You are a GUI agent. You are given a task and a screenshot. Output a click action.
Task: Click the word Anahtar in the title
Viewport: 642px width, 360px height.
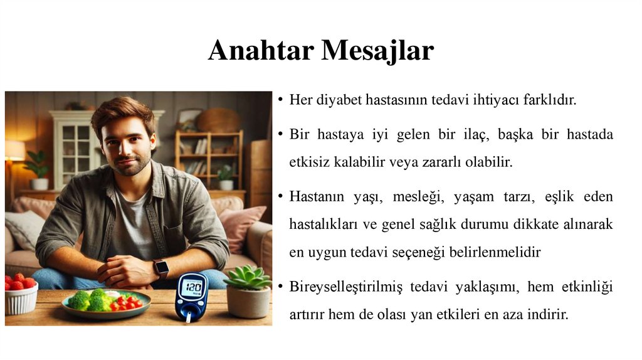pos(261,50)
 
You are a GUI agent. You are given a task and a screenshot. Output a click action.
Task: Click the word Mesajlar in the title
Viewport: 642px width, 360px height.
pos(377,50)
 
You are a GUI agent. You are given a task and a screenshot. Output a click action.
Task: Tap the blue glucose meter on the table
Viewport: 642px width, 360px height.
pos(191,295)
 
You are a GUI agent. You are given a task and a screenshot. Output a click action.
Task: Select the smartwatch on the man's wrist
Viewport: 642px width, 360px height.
pos(161,268)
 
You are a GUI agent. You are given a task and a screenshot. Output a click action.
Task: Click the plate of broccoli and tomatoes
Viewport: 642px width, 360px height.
pos(106,302)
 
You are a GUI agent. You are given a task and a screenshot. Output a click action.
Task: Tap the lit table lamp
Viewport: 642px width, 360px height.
pos(14,151)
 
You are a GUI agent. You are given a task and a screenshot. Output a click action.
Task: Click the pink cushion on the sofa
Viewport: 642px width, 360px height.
pos(241,226)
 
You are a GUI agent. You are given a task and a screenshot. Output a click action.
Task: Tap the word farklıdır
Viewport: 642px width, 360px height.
pos(547,101)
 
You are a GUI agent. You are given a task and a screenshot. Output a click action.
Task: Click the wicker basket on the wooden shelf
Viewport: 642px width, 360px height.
pos(219,120)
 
